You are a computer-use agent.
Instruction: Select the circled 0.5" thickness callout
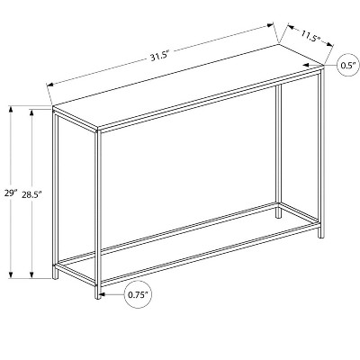click(x=347, y=67)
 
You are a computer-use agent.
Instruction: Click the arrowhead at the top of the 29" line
click(x=10, y=109)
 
